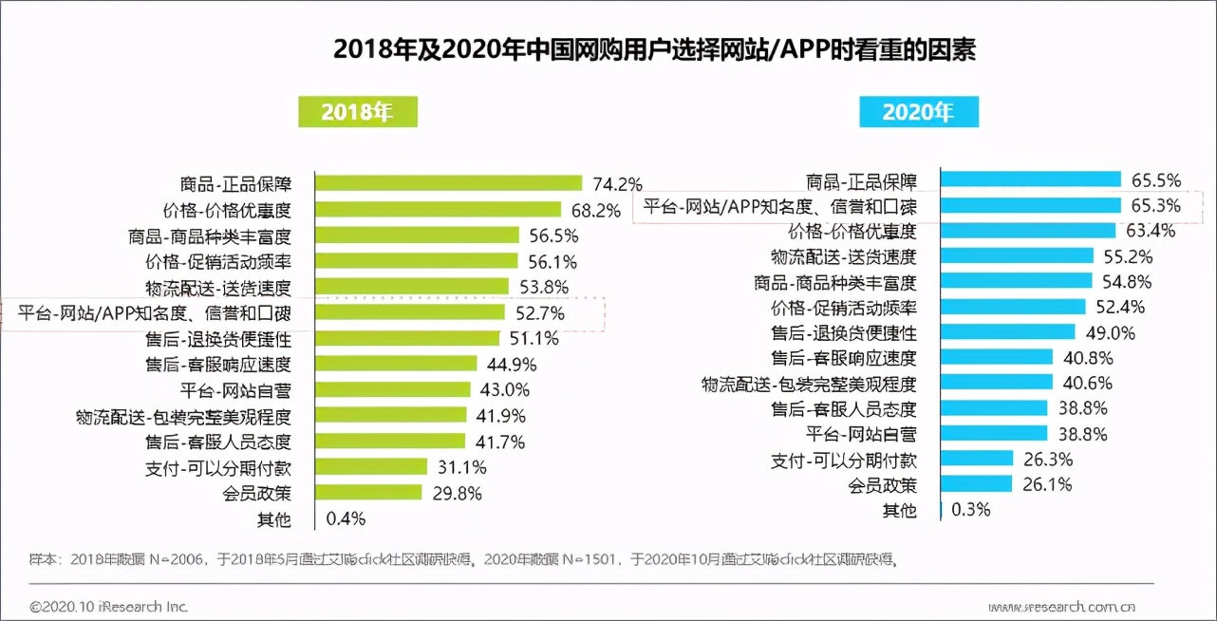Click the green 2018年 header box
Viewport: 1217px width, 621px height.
[357, 112]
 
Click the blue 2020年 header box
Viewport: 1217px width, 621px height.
[918, 112]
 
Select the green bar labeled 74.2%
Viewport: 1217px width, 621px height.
[448, 183]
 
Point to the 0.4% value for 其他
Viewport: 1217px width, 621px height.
[346, 518]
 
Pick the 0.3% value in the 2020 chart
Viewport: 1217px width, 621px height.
[970, 509]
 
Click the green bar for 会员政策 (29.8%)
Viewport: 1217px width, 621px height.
[368, 493]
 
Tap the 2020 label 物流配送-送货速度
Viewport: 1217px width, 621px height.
[843, 256]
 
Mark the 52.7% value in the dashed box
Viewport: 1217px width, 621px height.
[539, 312]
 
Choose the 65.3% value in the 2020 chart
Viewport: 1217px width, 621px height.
[1156, 205]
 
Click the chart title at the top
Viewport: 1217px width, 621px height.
[654, 49]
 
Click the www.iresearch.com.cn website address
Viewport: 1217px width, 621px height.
[1060, 606]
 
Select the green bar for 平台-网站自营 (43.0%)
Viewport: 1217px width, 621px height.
[393, 389]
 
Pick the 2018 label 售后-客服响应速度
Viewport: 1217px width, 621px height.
[217, 364]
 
